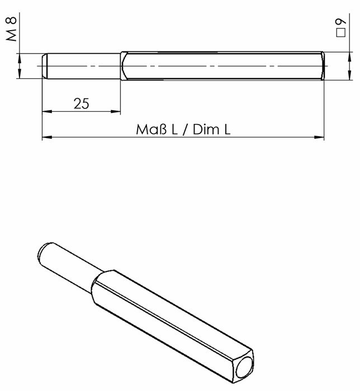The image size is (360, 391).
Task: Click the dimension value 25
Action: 81,104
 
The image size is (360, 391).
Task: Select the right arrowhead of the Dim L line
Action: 320,137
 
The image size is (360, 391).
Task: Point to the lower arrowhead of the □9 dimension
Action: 340,77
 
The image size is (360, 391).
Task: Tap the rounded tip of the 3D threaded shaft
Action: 43,251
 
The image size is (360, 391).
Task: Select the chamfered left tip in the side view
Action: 45,66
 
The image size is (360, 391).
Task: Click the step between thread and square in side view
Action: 121,66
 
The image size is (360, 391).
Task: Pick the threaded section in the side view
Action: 84,66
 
